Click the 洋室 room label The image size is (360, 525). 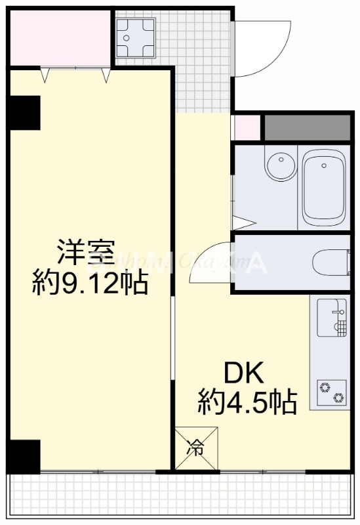[86, 253]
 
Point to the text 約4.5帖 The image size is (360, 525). [247, 401]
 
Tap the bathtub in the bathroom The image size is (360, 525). [325, 188]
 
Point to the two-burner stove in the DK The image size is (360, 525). [330, 391]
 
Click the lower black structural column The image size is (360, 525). [24, 455]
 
